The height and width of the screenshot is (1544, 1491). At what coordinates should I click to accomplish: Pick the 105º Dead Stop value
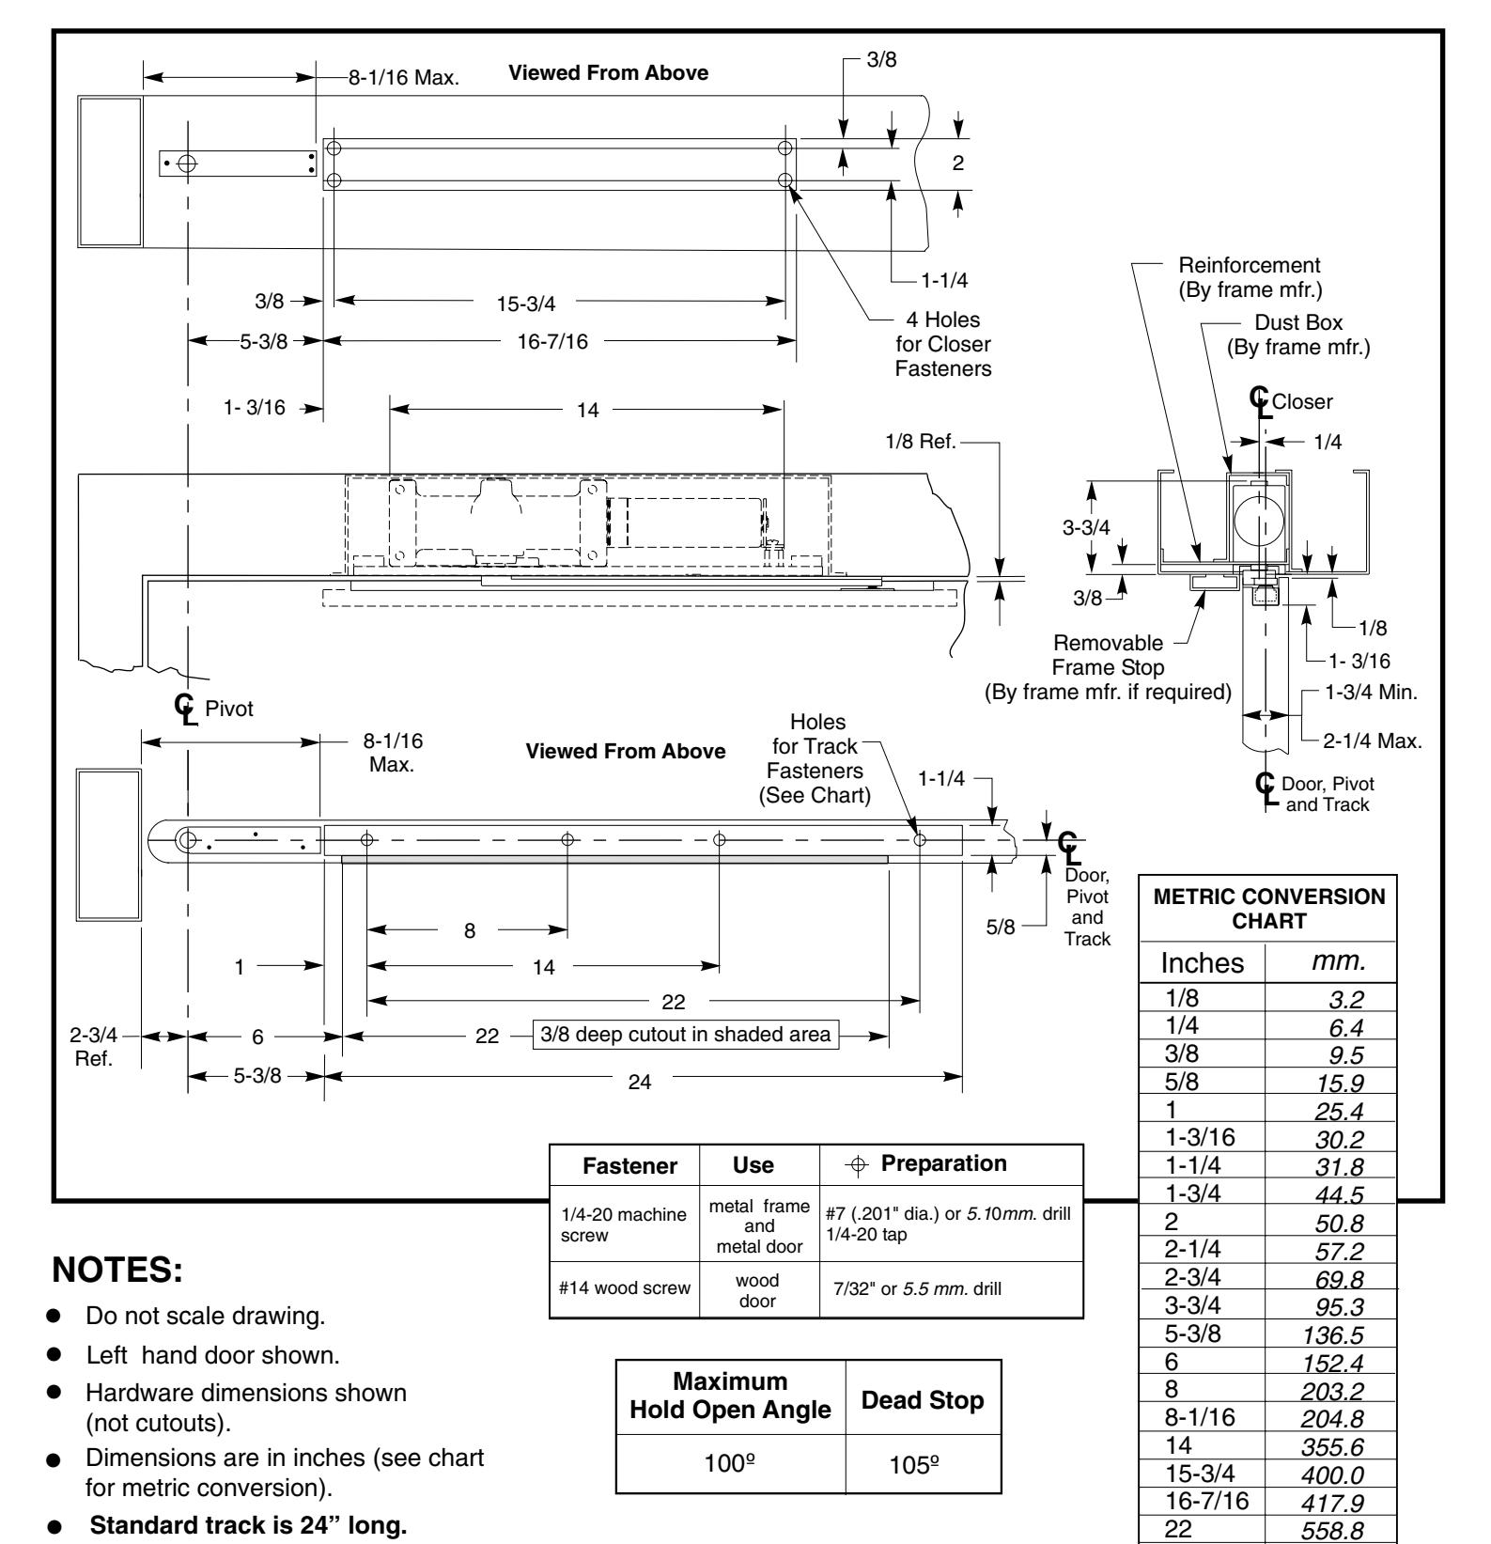[924, 1462]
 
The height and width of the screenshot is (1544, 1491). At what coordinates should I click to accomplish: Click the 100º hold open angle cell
[730, 1462]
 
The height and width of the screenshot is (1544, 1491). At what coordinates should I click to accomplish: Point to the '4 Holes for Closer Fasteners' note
[936, 345]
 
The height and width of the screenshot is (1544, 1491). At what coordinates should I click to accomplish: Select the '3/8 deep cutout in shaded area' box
[685, 1035]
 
